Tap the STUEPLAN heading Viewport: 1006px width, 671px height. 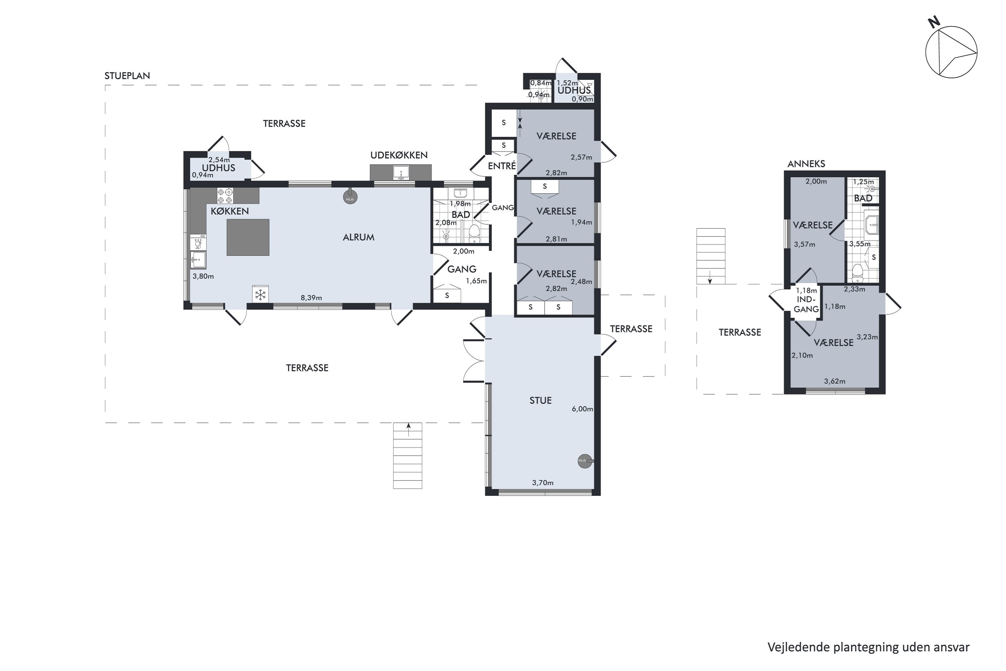tap(127, 76)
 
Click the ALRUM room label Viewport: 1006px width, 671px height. tap(358, 237)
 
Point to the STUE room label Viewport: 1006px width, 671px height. tap(541, 400)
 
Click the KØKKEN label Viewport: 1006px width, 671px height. tap(230, 211)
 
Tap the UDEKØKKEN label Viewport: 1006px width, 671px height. tap(399, 155)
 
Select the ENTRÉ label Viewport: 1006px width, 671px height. tap(502, 166)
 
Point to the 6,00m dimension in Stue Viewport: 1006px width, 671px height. tap(582, 409)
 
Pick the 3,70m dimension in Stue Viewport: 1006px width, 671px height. tap(543, 483)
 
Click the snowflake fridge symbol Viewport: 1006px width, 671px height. tap(261, 295)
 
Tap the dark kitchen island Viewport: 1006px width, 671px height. tap(248, 237)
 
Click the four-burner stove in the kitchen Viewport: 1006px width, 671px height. tap(225, 196)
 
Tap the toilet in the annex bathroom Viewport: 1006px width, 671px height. tap(857, 272)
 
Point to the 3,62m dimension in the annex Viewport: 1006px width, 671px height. tap(835, 381)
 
